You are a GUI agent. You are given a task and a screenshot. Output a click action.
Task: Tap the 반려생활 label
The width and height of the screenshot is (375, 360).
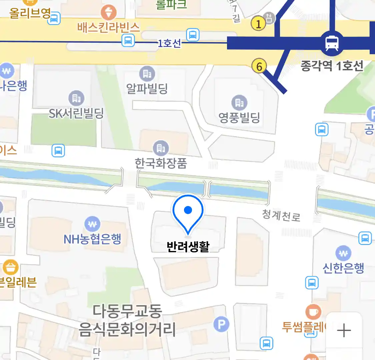click(x=188, y=247)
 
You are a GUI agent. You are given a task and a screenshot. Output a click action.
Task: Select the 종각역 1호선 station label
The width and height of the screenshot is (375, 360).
click(x=332, y=66)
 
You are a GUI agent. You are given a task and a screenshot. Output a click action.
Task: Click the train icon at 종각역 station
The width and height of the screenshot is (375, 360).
click(x=332, y=43)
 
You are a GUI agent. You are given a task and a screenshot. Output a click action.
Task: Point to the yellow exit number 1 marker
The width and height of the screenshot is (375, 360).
click(x=258, y=23)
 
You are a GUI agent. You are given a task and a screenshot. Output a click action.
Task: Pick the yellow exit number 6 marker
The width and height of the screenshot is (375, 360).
click(x=259, y=66)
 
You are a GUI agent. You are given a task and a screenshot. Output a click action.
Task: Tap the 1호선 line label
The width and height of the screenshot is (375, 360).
click(x=169, y=43)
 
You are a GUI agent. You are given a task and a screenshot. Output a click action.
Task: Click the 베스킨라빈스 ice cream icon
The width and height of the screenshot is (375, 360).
click(x=109, y=13)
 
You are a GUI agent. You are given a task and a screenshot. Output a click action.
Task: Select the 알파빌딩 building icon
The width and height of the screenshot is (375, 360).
click(x=147, y=74)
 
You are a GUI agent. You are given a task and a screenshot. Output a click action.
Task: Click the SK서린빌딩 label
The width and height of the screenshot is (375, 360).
click(x=76, y=114)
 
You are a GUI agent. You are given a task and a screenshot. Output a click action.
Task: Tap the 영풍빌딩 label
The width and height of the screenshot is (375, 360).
click(x=239, y=117)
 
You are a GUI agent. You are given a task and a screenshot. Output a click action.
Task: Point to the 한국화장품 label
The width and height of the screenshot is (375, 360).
click(x=161, y=163)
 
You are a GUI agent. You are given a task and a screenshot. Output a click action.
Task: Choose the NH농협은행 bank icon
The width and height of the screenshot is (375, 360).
click(x=92, y=224)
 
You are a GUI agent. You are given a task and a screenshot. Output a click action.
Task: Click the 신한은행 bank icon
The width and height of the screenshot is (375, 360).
click(x=343, y=253)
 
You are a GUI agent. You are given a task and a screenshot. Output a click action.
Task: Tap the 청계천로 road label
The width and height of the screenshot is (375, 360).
click(x=281, y=216)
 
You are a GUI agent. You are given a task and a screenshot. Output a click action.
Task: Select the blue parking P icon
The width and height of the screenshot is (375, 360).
click(x=221, y=324)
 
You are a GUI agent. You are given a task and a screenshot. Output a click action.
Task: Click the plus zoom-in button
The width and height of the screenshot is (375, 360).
click(x=344, y=331)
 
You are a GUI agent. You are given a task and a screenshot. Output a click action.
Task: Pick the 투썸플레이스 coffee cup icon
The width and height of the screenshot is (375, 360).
click(x=313, y=312)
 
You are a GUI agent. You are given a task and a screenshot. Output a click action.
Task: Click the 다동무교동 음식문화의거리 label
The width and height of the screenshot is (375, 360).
click(x=127, y=320)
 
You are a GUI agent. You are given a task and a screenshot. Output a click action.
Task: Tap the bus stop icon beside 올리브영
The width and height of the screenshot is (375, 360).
click(x=54, y=18)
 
